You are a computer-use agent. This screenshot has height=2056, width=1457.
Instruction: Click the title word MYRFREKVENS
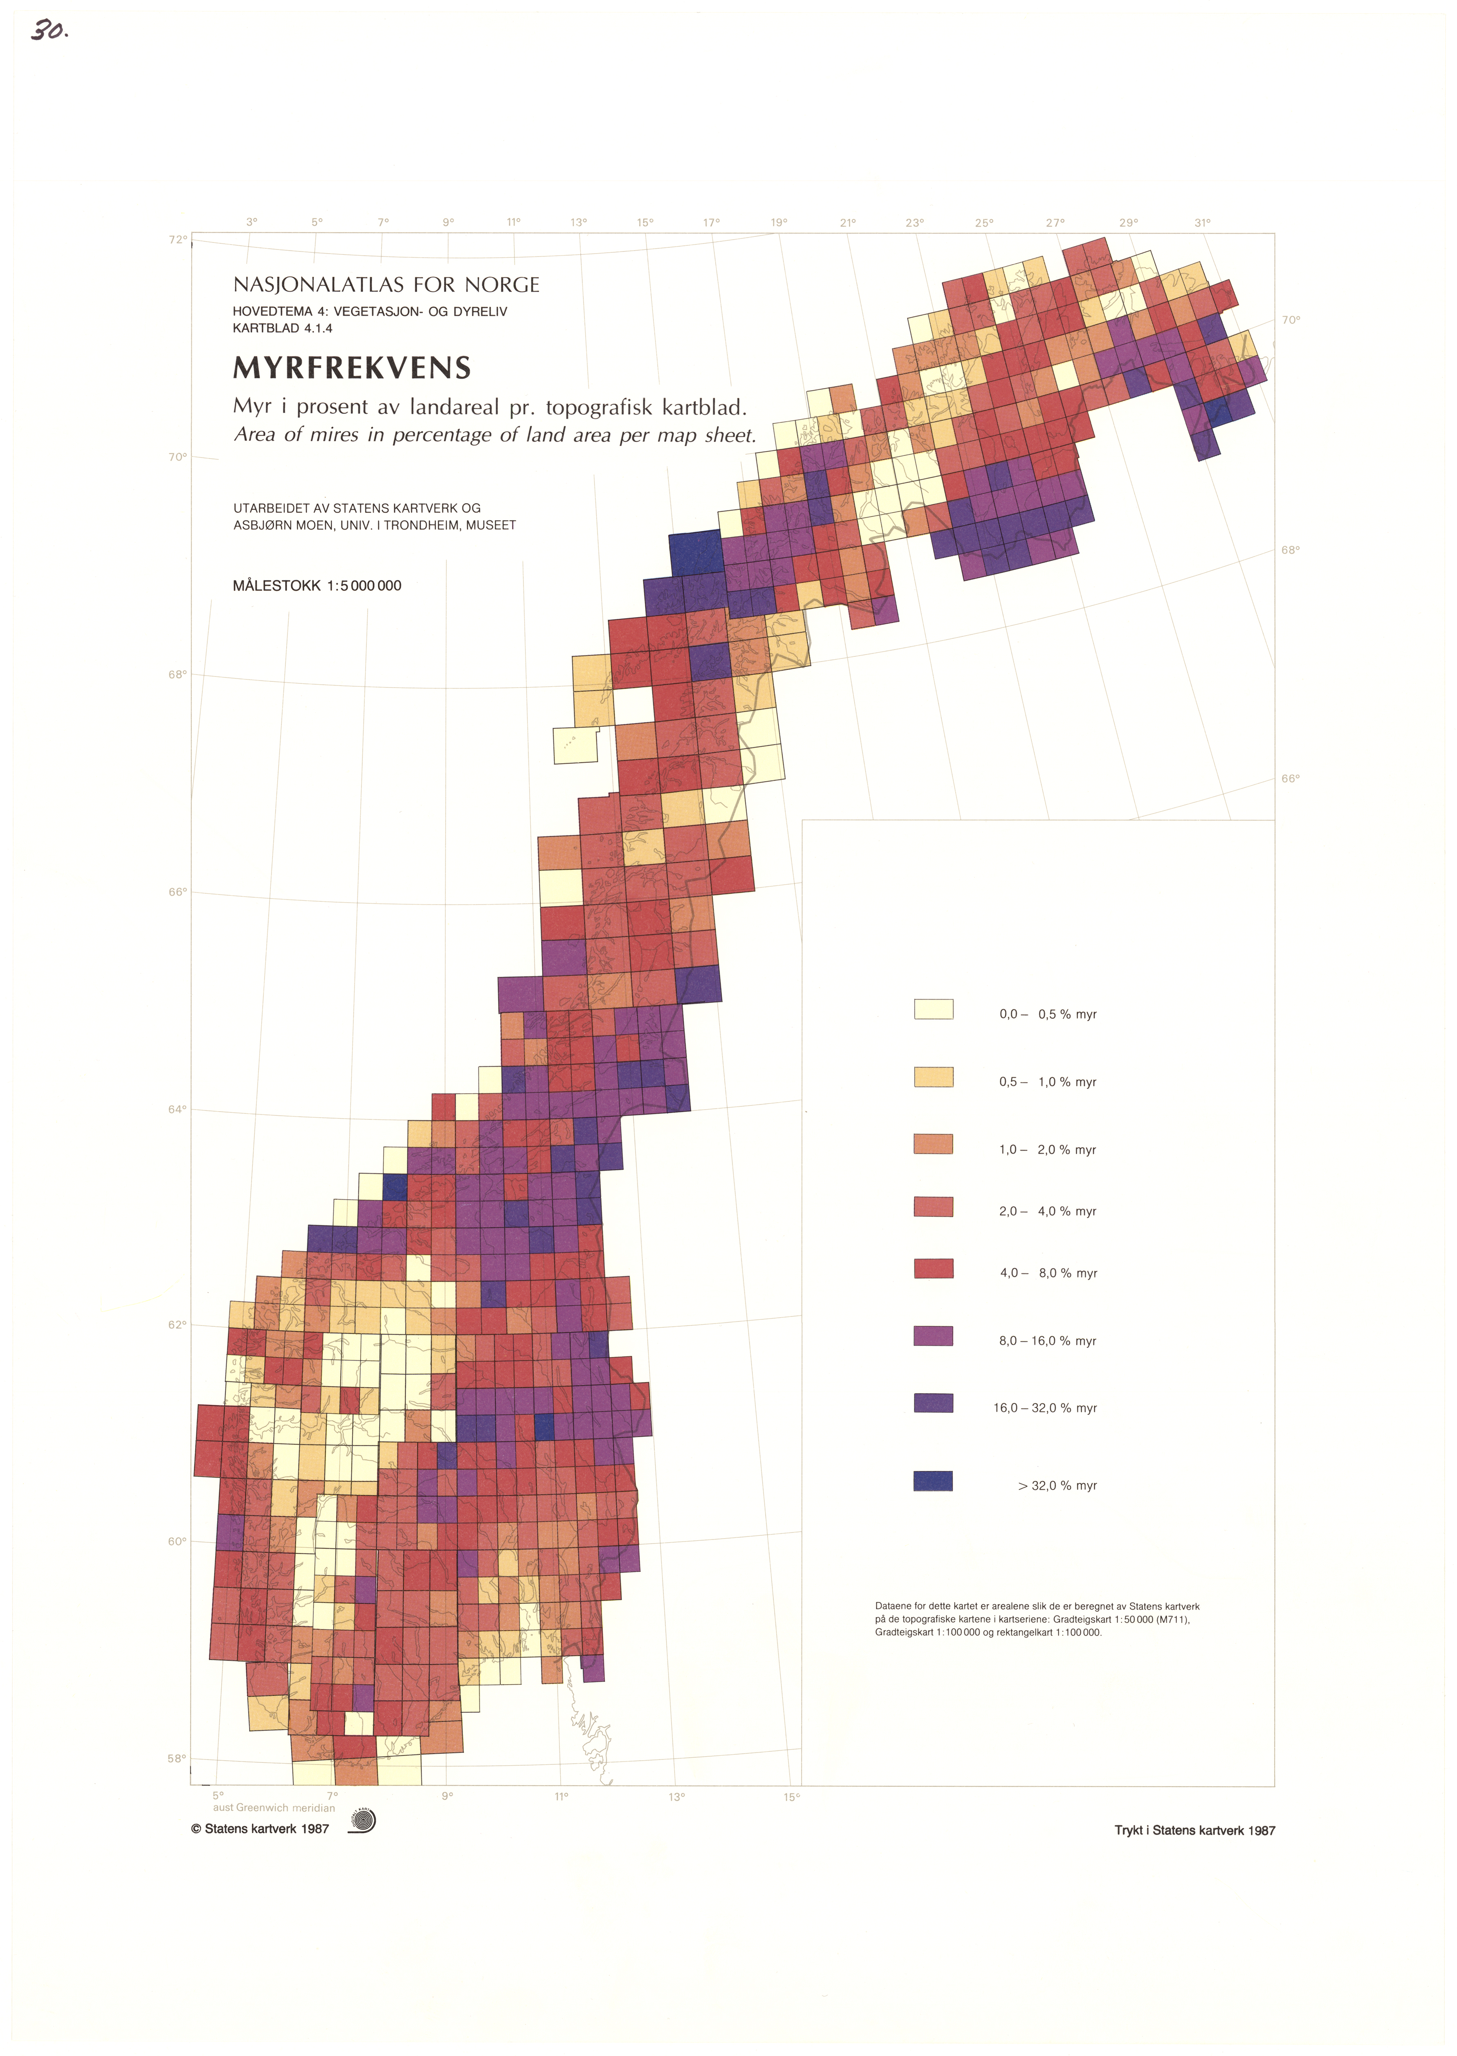[x=352, y=368]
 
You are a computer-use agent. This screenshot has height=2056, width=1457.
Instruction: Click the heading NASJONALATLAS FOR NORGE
[x=386, y=285]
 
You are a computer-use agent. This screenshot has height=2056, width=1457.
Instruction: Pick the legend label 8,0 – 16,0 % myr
[x=1047, y=1341]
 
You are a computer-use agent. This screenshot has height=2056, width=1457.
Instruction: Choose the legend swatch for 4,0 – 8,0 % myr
[x=933, y=1268]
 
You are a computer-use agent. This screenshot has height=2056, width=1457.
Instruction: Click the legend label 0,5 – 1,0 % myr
[x=1047, y=1082]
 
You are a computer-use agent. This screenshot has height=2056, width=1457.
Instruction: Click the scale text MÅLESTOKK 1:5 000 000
[x=317, y=586]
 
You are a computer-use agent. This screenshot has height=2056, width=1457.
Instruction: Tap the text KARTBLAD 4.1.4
[x=283, y=328]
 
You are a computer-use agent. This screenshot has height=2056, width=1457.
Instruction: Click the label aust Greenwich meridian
[x=274, y=1808]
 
